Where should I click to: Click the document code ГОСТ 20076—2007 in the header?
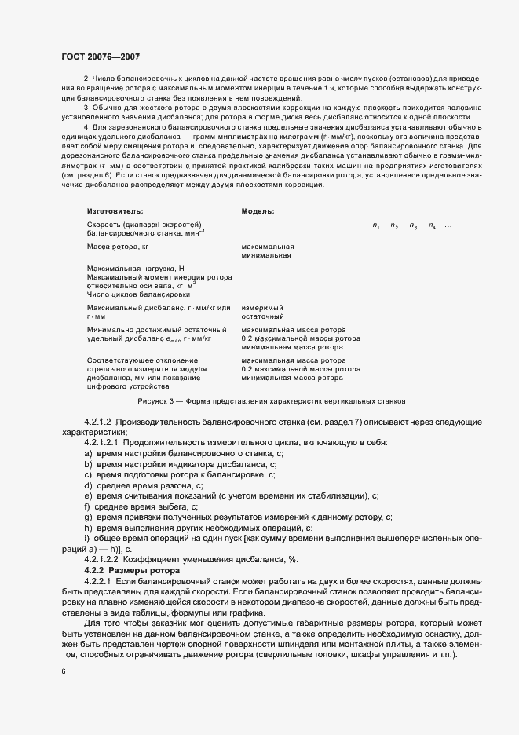[101, 57]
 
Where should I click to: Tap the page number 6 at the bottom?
[64, 671]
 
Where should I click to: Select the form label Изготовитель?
[115, 211]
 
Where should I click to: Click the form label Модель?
[258, 211]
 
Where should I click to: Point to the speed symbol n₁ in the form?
[376, 226]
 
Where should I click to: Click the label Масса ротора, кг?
[118, 247]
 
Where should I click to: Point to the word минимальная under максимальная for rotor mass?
[267, 255]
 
